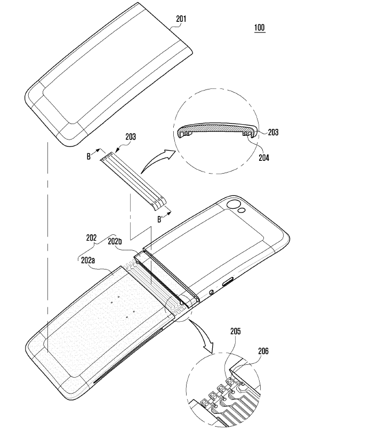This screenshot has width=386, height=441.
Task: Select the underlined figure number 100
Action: tap(259, 28)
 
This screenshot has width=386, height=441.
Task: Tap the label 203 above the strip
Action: tap(130, 137)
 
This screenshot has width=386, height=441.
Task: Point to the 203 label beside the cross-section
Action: tap(273, 132)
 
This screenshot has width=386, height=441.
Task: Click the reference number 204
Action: tap(264, 158)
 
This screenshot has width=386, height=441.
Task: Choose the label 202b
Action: tap(115, 241)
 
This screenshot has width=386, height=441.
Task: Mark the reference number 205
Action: tap(235, 332)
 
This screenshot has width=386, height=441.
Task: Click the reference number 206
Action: tap(263, 351)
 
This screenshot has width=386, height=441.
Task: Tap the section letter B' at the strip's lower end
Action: tap(159, 219)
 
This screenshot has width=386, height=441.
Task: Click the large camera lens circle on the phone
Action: tap(233, 204)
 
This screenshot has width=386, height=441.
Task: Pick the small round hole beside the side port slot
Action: tap(212, 292)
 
